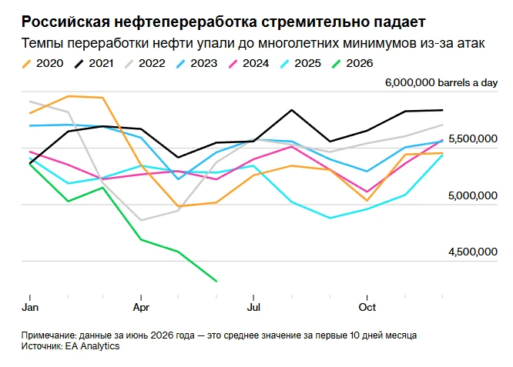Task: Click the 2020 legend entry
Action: tap(42, 63)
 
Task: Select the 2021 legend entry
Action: tap(94, 63)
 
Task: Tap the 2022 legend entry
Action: tap(145, 63)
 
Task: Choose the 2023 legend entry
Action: tap(196, 63)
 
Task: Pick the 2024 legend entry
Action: tap(248, 63)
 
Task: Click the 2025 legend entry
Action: tap(300, 63)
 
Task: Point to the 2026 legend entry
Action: tap(352, 63)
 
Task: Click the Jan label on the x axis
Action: tap(30, 307)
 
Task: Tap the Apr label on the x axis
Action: tap(141, 308)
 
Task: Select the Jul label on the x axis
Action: tap(253, 307)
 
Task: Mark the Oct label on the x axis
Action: tap(367, 307)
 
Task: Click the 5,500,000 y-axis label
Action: tap(473, 139)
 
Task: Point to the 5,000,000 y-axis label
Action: tap(473, 195)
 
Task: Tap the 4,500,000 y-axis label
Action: tap(473, 252)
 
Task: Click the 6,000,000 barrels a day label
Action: tap(441, 82)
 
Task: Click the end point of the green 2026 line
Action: tap(216, 281)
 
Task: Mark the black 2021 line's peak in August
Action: tap(292, 110)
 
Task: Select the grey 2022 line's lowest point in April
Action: tap(141, 220)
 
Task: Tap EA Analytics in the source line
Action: tap(92, 346)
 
